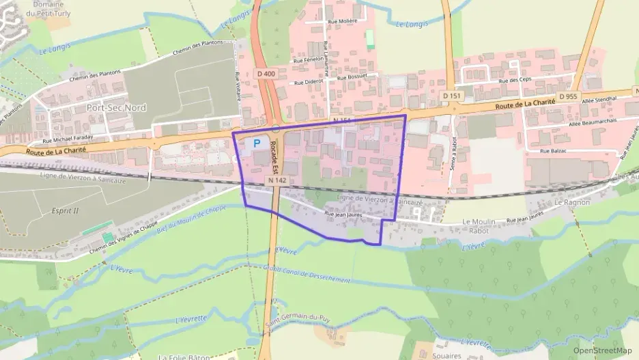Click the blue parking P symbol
click(x=257, y=143)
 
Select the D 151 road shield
click(x=447, y=96)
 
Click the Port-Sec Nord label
click(x=117, y=108)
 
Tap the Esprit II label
click(x=65, y=210)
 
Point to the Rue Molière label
click(x=343, y=21)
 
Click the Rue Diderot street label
click(x=309, y=82)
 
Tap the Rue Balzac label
click(x=554, y=151)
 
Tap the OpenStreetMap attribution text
click(x=603, y=350)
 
